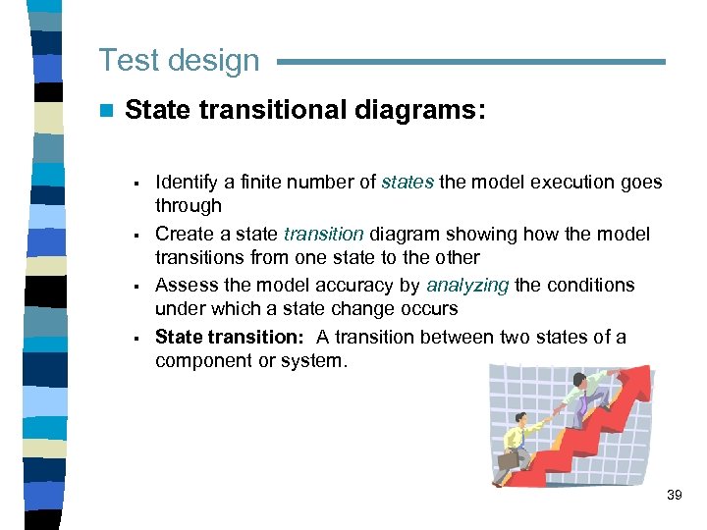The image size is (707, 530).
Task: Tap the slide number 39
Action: point(674,495)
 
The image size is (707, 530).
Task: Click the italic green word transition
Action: point(323,234)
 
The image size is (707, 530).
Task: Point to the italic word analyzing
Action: point(467,285)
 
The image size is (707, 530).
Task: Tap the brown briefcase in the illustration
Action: point(508,459)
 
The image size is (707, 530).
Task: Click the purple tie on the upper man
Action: point(582,401)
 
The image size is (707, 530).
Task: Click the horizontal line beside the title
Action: point(471,62)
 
